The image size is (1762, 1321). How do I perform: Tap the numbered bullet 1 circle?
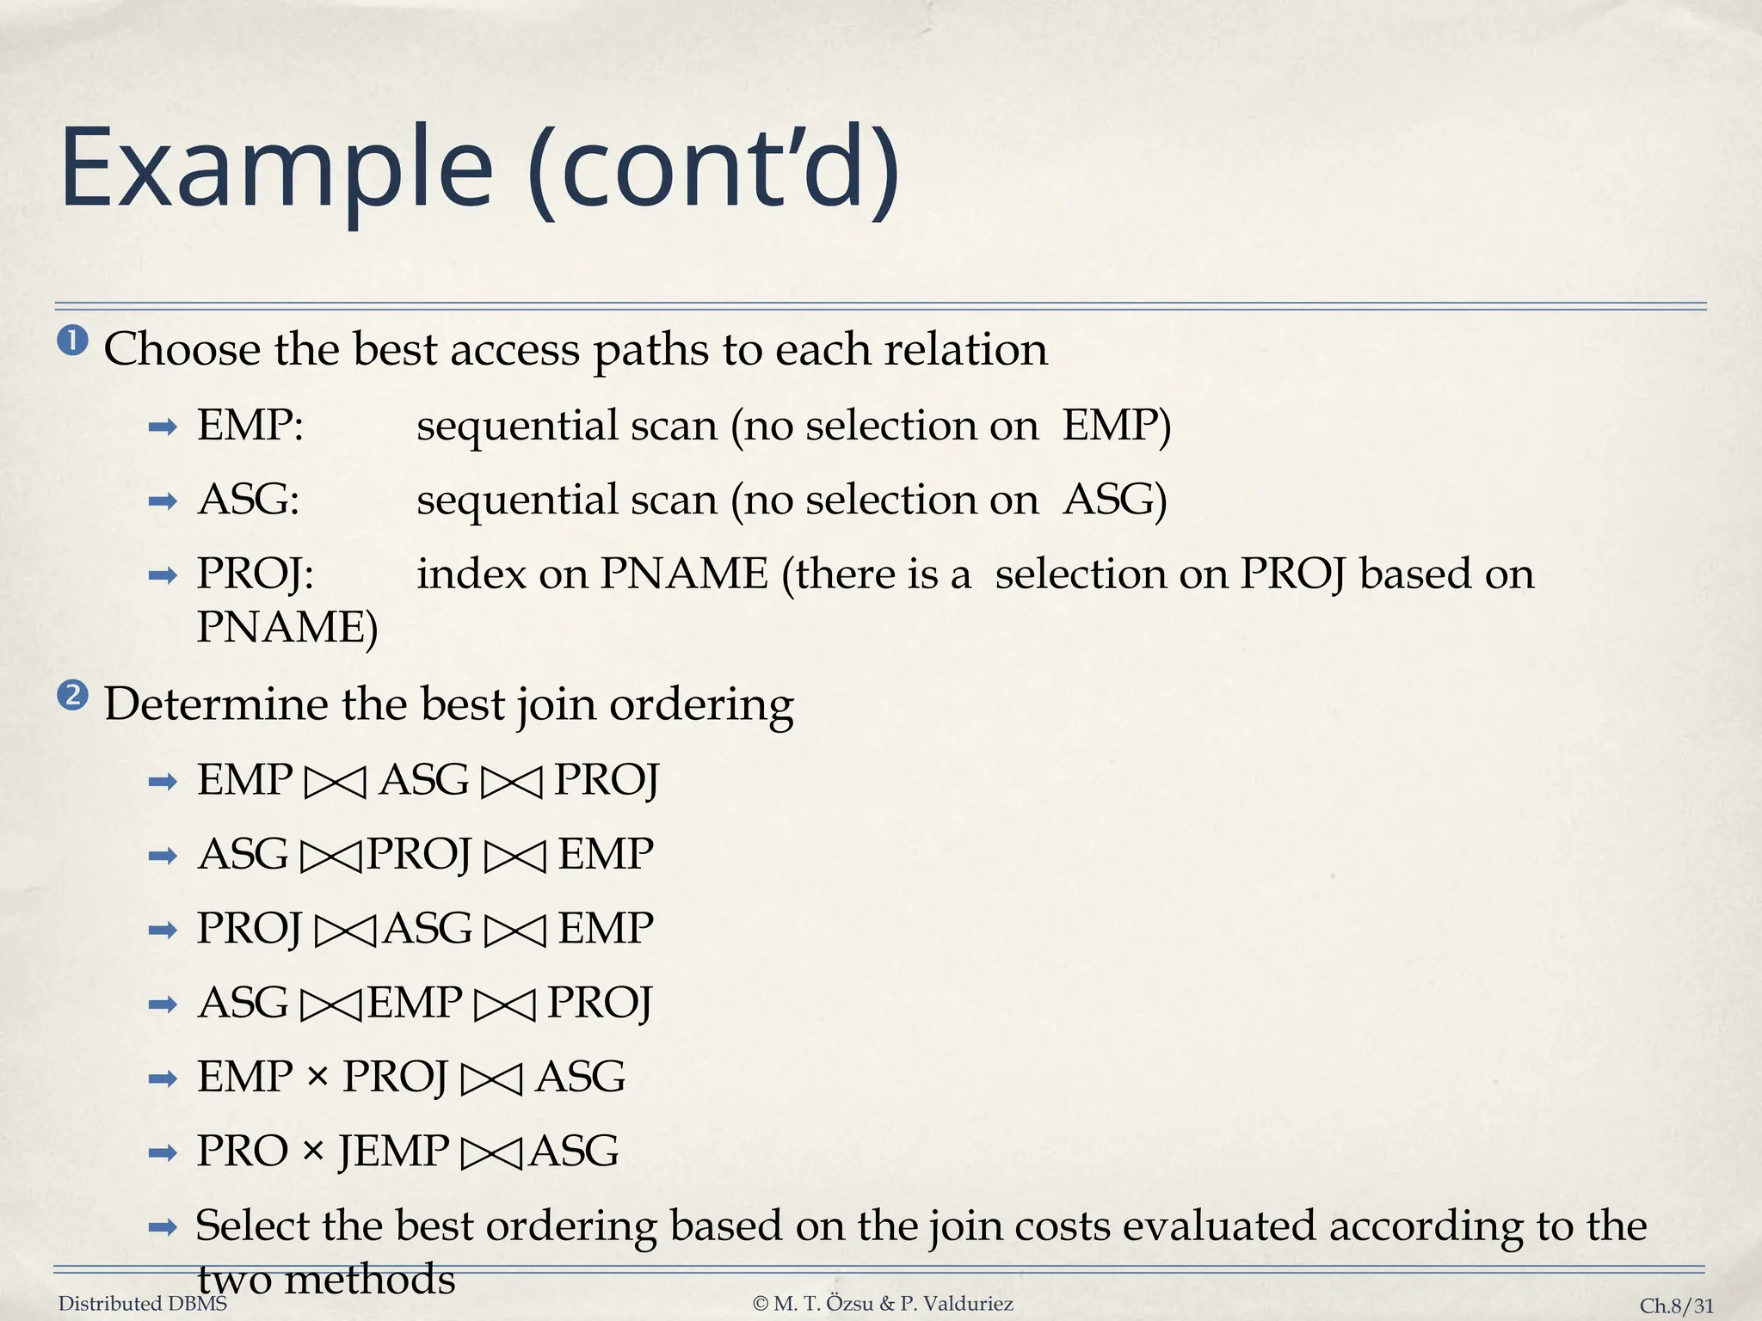(x=73, y=341)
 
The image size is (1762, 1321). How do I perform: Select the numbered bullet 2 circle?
(x=73, y=695)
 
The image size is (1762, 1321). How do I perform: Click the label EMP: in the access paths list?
(x=250, y=426)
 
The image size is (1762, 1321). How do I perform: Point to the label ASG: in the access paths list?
(x=249, y=500)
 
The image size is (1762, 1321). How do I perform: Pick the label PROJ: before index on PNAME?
(x=256, y=574)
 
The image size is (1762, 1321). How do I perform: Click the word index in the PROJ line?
(x=471, y=574)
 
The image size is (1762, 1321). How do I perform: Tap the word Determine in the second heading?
(x=216, y=704)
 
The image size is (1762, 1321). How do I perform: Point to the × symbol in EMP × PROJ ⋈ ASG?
(x=317, y=1076)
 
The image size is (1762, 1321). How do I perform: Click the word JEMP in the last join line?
(x=393, y=1151)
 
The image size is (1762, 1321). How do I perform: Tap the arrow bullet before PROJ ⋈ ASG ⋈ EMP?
(x=163, y=930)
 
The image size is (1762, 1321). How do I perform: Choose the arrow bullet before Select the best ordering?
(x=163, y=1227)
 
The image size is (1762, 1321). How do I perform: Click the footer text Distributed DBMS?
(x=143, y=1304)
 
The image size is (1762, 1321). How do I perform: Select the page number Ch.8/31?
(x=1677, y=1306)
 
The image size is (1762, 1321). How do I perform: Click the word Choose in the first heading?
(x=182, y=350)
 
